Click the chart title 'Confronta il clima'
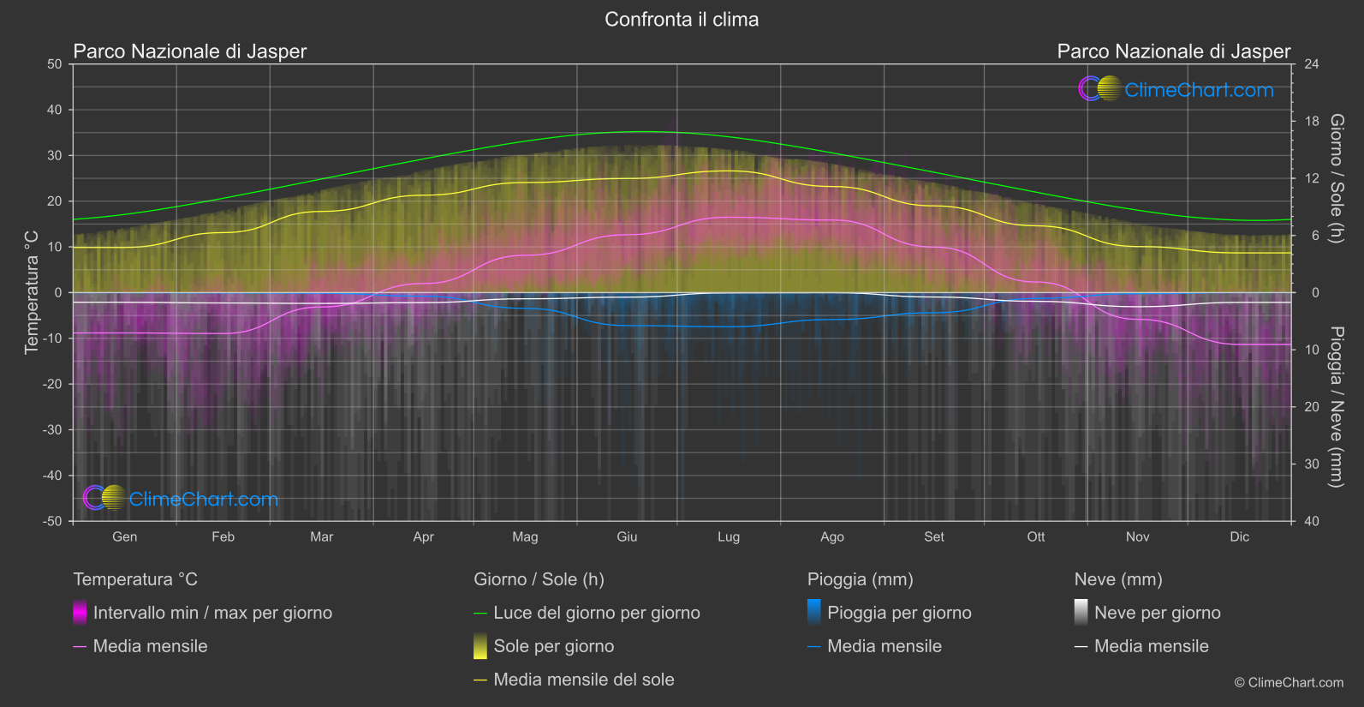point(682,20)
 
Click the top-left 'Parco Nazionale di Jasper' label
point(189,51)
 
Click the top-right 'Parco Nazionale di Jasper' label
point(1173,51)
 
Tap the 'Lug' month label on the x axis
point(729,537)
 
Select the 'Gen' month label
point(124,537)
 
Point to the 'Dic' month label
point(1239,537)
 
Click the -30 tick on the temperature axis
point(53,430)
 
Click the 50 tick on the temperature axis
point(55,64)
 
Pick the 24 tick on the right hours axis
point(1311,64)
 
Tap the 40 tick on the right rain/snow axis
point(1311,521)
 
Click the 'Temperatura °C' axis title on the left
point(32,292)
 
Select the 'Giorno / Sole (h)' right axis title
point(1337,178)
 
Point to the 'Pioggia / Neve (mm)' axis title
point(1337,407)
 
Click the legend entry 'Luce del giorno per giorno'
point(596,613)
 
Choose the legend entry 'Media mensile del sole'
point(583,680)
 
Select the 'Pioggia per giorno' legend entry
point(899,613)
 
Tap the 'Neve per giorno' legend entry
point(1157,613)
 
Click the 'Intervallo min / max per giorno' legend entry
point(212,613)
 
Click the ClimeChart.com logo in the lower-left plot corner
point(181,499)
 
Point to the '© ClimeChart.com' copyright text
point(1289,683)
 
